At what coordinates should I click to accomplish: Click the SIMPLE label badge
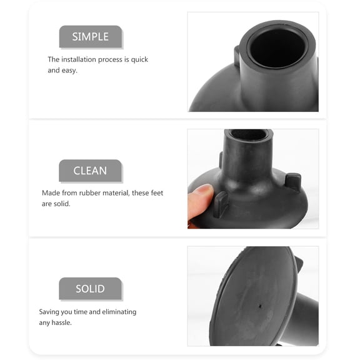point(90,36)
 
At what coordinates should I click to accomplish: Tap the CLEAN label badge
point(90,171)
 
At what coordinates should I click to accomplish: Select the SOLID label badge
point(90,289)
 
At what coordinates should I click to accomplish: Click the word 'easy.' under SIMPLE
point(71,71)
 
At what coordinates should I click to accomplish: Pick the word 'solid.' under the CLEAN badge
point(62,204)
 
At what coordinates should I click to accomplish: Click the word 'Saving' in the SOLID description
point(49,311)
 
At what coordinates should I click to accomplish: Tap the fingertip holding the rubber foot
point(199,197)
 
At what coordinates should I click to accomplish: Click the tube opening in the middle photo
point(248,134)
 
